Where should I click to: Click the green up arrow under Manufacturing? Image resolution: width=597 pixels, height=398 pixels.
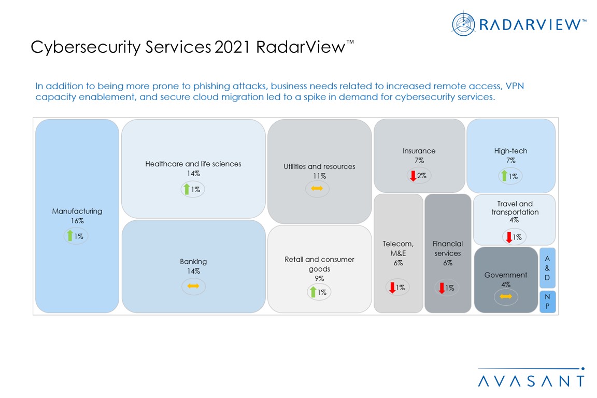coord(70,236)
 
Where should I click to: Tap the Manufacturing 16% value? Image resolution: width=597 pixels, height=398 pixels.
coord(77,221)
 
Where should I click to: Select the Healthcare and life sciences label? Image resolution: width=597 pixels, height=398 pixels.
coord(193,164)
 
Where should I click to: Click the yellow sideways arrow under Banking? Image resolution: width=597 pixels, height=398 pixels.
coord(193,286)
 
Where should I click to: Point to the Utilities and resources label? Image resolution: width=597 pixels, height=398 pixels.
coord(319,166)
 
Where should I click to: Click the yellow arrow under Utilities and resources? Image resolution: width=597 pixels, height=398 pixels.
coord(317,189)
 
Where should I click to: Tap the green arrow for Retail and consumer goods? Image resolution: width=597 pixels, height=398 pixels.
coord(313,292)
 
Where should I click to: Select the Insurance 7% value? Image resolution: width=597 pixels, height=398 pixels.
coord(419,161)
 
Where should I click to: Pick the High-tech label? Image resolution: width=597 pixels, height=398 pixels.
coord(510,151)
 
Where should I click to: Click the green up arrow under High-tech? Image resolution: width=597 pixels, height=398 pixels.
coord(504,176)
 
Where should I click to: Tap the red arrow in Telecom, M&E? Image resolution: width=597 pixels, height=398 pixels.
coord(392,288)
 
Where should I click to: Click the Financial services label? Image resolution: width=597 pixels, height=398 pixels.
coord(448,248)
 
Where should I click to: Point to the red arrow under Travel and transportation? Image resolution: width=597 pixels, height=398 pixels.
coord(509,237)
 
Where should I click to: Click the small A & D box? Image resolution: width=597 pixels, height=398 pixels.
coord(547,267)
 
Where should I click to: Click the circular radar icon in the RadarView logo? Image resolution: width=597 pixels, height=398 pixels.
coord(463,24)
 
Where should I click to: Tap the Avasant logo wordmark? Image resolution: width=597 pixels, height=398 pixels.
coord(531,380)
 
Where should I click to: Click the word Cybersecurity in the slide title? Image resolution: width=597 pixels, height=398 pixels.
coord(75,47)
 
